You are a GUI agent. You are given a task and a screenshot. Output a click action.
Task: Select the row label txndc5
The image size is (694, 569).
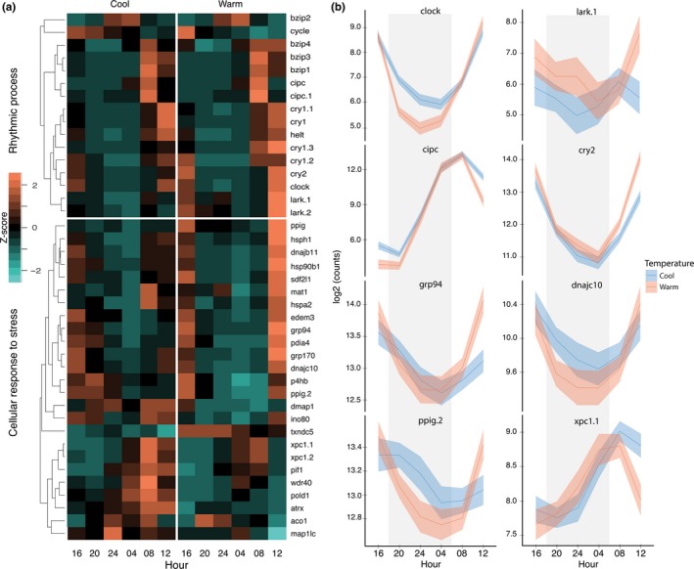click(x=306, y=431)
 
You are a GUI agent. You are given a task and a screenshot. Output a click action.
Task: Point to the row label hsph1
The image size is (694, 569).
click(x=305, y=239)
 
